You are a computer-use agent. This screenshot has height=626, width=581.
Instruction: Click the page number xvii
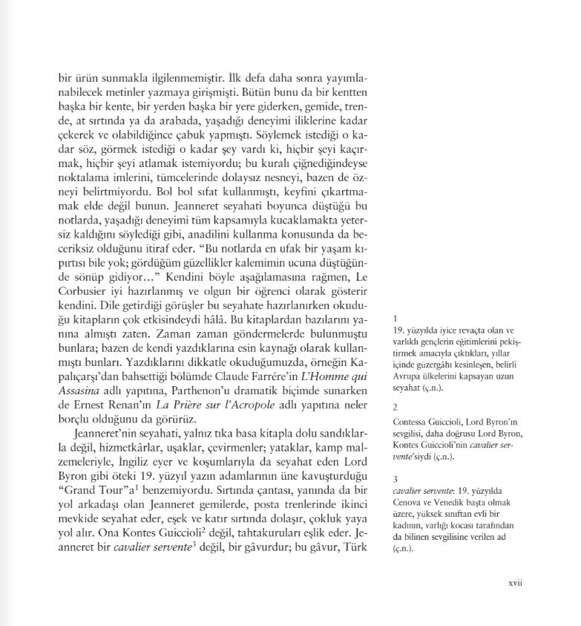(x=516, y=583)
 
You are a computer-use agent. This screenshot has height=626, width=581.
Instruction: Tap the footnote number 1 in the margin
(x=395, y=317)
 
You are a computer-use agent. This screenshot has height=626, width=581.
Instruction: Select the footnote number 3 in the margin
(x=395, y=480)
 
